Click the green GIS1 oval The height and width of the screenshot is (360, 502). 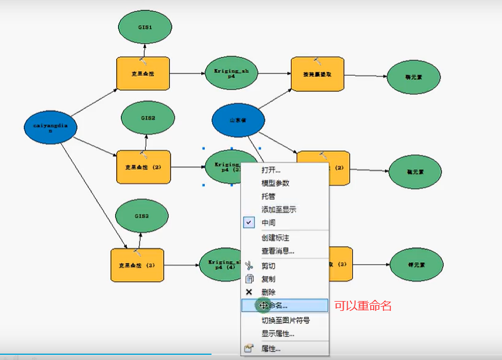(145, 27)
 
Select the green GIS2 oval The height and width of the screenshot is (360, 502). (147, 118)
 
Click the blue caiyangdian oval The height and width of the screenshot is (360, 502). (51, 127)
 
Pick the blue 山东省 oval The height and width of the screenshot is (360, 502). (238, 120)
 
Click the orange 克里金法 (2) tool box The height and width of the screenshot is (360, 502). (143, 168)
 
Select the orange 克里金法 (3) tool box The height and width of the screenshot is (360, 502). (137, 265)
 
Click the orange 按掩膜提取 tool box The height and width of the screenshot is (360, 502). (318, 75)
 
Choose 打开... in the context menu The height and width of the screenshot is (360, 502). (271, 170)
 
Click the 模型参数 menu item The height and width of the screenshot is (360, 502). (275, 183)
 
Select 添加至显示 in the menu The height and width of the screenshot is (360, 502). (279, 210)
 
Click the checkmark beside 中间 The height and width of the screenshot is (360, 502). (249, 222)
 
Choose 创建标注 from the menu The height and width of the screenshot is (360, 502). (275, 237)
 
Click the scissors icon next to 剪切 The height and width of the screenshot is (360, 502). (249, 266)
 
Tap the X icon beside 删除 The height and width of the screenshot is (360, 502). (249, 292)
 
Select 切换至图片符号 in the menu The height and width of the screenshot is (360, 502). (286, 320)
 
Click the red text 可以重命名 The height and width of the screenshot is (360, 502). (363, 306)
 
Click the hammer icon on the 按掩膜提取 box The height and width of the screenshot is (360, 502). (318, 61)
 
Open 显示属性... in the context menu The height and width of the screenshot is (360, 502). (278, 333)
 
